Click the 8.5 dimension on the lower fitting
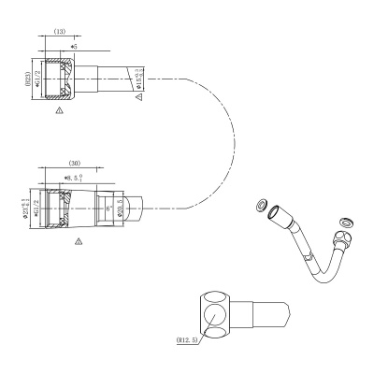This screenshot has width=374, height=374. pyautogui.click(x=73, y=176)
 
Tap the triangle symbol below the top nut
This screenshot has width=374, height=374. pyautogui.click(x=59, y=110)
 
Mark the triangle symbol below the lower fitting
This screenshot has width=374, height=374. pyautogui.click(x=78, y=240)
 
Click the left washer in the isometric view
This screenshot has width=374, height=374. pyautogui.click(x=262, y=205)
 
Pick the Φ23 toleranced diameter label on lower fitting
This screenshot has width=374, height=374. pyautogui.click(x=28, y=204)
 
